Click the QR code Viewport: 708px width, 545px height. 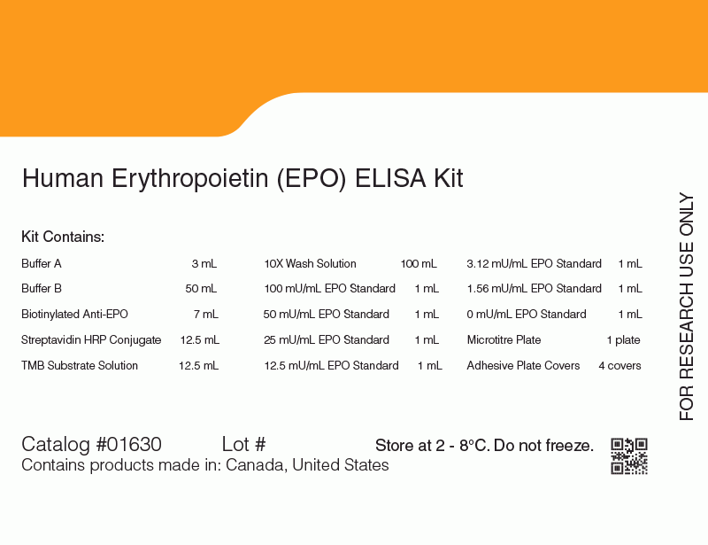pyautogui.click(x=629, y=455)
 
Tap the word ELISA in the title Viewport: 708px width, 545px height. pyautogui.click(x=390, y=178)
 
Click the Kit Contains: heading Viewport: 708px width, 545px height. pyautogui.click(x=63, y=237)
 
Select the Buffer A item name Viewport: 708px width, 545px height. pyautogui.click(x=41, y=264)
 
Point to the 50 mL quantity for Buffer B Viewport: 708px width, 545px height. pyautogui.click(x=201, y=289)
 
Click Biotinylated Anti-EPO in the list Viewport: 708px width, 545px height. pyautogui.click(x=74, y=314)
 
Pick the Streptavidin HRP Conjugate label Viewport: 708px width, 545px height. pyautogui.click(x=91, y=339)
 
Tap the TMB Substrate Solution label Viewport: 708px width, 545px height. pyautogui.click(x=80, y=365)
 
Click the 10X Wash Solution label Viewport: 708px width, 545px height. pyautogui.click(x=311, y=264)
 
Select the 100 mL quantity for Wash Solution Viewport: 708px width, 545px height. pyautogui.click(x=419, y=264)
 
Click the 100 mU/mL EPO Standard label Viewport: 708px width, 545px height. pyautogui.click(x=329, y=289)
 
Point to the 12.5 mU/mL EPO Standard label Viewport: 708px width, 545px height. pyautogui.click(x=331, y=365)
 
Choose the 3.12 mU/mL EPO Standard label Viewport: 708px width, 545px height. pyautogui.click(x=535, y=264)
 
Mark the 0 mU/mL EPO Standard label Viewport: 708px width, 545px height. pyautogui.click(x=527, y=314)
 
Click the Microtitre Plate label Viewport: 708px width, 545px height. pyautogui.click(x=504, y=339)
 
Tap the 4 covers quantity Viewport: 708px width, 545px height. pyautogui.click(x=620, y=365)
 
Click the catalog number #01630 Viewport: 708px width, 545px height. pyautogui.click(x=128, y=444)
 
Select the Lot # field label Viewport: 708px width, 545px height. pyautogui.click(x=244, y=444)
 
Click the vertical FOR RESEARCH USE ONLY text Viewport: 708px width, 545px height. pyautogui.click(x=687, y=307)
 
